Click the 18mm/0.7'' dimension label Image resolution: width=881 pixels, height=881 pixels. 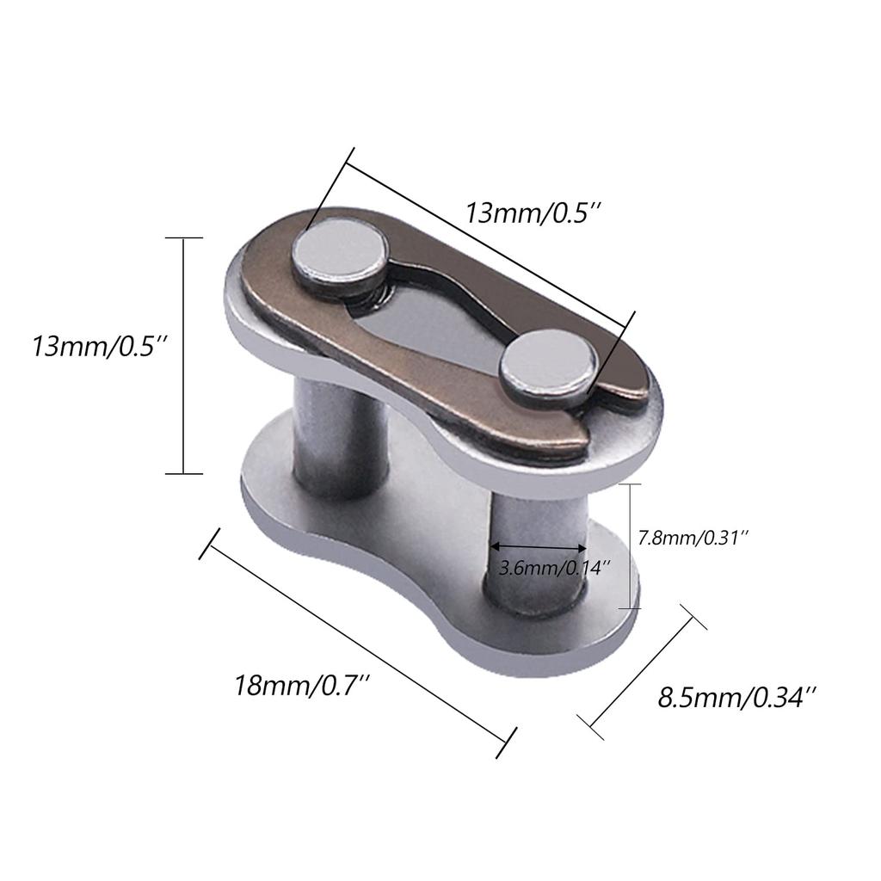(x=302, y=687)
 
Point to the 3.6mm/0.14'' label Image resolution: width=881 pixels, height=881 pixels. (x=555, y=569)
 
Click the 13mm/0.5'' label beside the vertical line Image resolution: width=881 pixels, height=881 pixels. (x=95, y=348)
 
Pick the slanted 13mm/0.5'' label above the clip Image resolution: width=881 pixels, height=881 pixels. (x=530, y=213)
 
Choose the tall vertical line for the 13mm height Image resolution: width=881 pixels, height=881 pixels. (x=184, y=354)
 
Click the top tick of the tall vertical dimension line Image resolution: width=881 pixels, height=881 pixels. (x=184, y=237)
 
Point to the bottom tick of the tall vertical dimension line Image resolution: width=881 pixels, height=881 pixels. (x=184, y=473)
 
